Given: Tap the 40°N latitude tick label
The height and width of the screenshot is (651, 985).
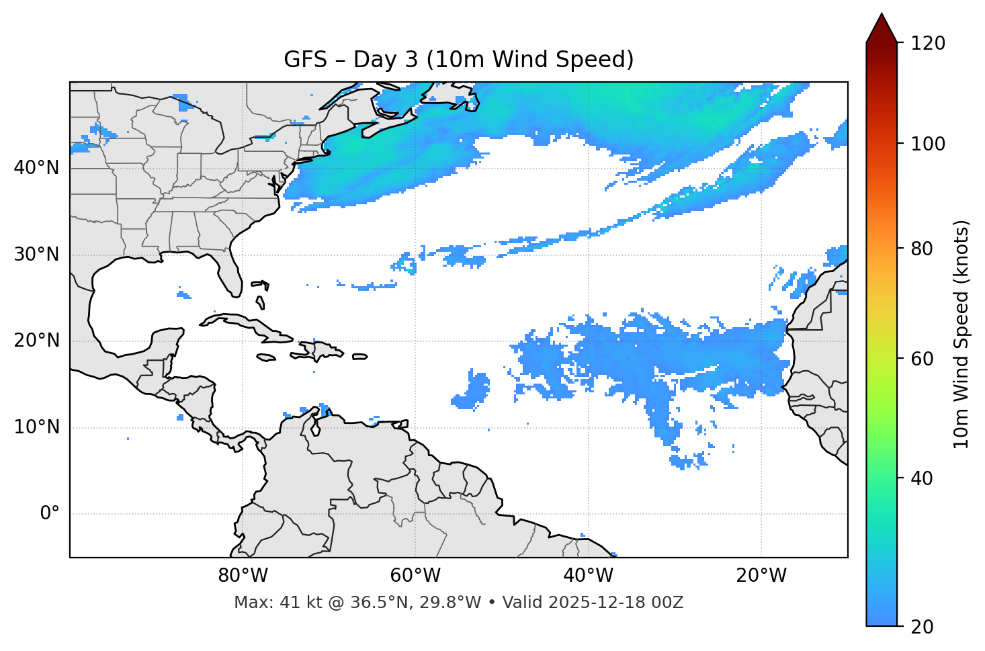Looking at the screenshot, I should [36, 168].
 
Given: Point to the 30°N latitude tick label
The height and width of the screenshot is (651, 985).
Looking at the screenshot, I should [36, 255].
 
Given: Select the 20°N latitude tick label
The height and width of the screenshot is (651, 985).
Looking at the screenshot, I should [36, 341].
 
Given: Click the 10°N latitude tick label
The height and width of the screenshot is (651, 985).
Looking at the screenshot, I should [36, 427].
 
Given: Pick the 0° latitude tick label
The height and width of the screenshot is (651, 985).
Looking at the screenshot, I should [49, 514].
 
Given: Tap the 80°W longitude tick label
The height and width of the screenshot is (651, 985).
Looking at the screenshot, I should [243, 576].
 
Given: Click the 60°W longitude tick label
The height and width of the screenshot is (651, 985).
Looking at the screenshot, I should [415, 576].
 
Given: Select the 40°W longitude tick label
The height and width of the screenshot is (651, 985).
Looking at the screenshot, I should [589, 576].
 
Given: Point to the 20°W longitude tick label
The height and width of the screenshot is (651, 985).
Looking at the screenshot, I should [761, 576].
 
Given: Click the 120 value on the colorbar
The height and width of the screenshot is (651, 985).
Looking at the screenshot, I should [928, 44].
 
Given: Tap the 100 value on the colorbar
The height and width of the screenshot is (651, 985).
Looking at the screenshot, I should [928, 144].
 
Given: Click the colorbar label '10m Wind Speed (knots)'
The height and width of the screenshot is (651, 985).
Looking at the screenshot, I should [961, 334].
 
